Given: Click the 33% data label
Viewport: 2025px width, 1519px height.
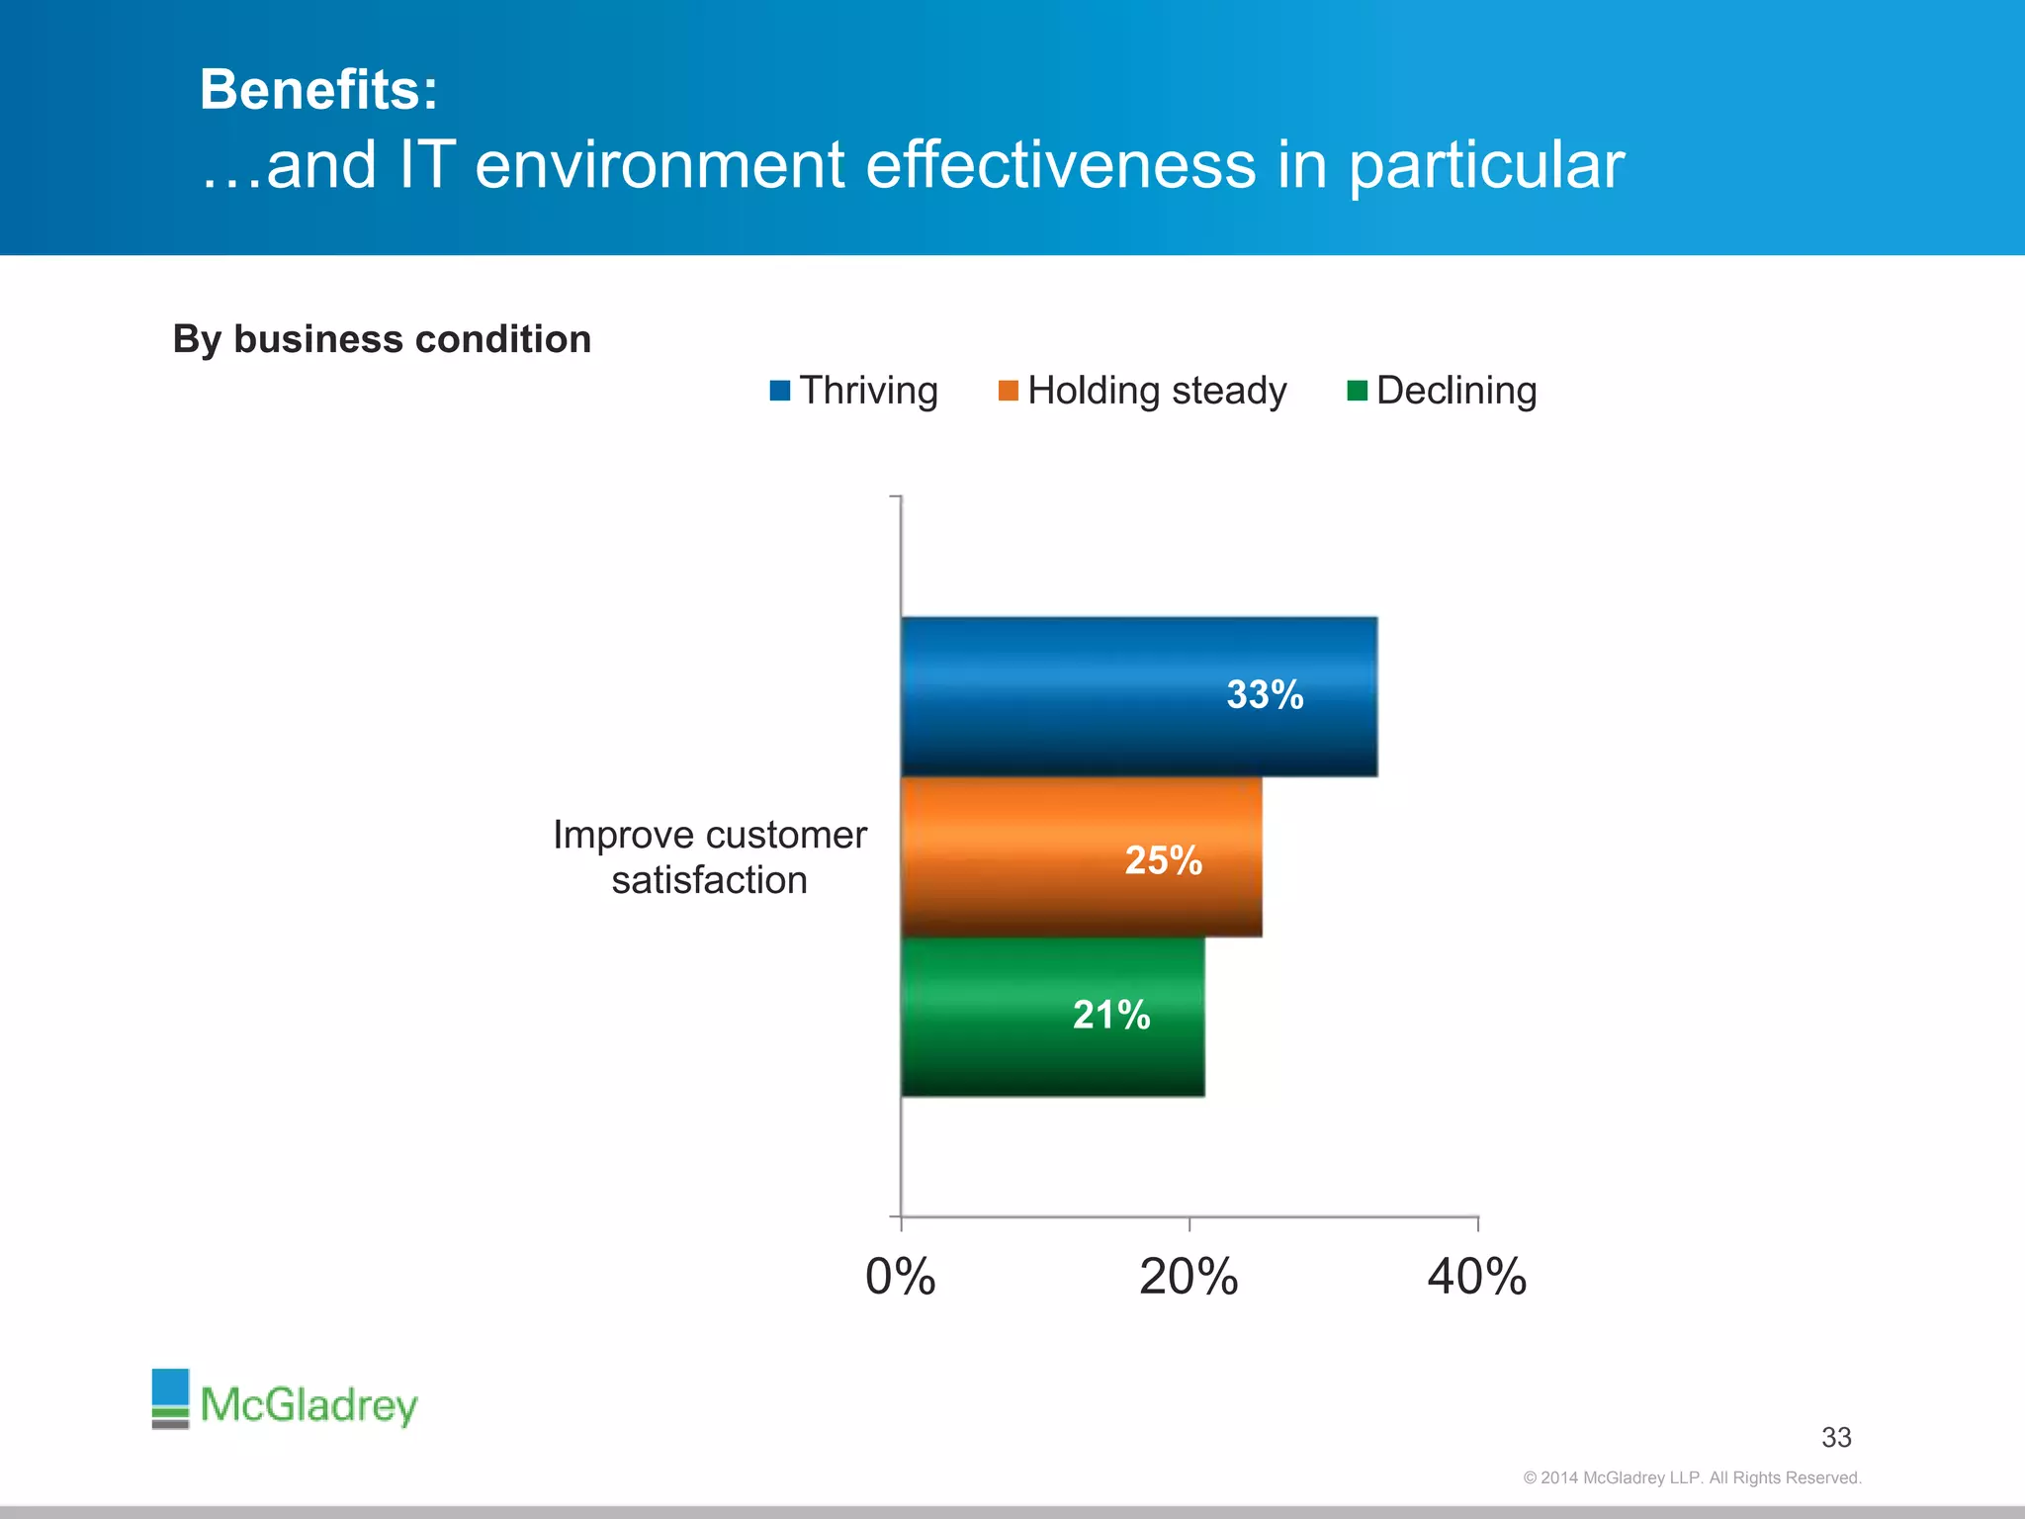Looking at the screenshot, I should pyautogui.click(x=1265, y=694).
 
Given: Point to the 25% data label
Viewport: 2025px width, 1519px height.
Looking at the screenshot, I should pyautogui.click(x=1163, y=860).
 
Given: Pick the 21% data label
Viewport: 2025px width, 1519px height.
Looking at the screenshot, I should pyautogui.click(x=1111, y=1015).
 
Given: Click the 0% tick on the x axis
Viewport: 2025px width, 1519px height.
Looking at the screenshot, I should pyautogui.click(x=900, y=1277).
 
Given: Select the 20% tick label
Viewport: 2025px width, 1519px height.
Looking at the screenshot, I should pyautogui.click(x=1189, y=1277).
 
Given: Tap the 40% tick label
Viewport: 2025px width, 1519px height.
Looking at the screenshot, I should pyautogui.click(x=1476, y=1277).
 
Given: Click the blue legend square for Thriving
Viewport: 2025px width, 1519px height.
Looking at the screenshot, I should pyautogui.click(x=780, y=391).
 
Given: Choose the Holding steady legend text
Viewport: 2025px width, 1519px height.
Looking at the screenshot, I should pyautogui.click(x=1157, y=391).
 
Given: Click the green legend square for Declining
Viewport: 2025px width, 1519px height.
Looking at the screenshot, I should pyautogui.click(x=1357, y=391).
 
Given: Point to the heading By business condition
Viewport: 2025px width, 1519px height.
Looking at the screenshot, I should pyautogui.click(x=382, y=339).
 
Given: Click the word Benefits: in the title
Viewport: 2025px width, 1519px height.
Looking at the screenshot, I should pyautogui.click(x=318, y=90).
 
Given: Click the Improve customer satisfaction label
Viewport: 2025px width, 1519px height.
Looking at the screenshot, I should pyautogui.click(x=709, y=856).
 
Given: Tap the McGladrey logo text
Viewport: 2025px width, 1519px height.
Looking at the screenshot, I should pyautogui.click(x=308, y=1405).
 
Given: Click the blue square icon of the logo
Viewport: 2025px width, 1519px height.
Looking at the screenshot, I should pyautogui.click(x=170, y=1386).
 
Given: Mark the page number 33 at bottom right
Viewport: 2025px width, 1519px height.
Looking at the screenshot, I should pyautogui.click(x=1836, y=1437).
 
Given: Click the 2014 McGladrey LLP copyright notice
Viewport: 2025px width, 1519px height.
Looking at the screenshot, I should pyautogui.click(x=1692, y=1477).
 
